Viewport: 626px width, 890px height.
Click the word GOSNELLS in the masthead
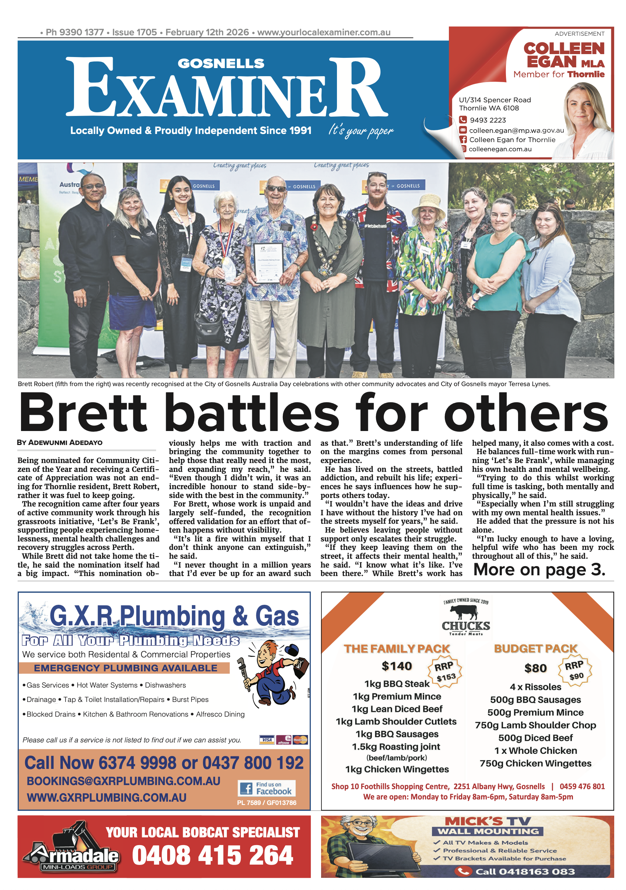tap(221, 63)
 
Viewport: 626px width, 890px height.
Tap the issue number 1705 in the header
tap(147, 32)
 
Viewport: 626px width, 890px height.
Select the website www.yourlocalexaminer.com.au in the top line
tap(323, 32)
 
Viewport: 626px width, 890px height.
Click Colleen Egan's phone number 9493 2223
tap(488, 120)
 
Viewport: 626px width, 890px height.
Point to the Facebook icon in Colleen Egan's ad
tap(463, 139)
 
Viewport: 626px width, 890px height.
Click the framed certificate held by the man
tap(268, 263)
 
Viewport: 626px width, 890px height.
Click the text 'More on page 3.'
tap(539, 569)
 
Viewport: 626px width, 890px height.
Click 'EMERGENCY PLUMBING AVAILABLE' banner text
tap(125, 668)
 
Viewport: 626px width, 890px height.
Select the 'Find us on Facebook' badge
tap(267, 788)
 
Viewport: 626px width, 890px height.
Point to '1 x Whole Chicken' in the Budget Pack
tap(535, 751)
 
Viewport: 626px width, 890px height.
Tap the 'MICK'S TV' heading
tap(488, 821)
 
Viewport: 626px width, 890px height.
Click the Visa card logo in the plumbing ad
tap(267, 739)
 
